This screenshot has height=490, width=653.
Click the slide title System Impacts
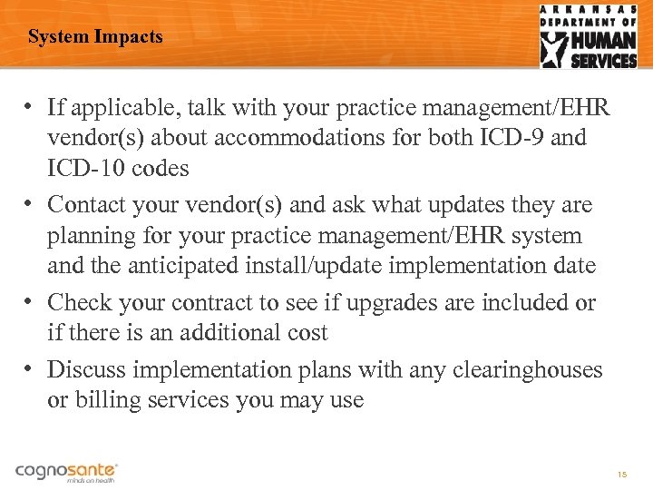point(95,37)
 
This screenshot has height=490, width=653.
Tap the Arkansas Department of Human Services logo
point(589,36)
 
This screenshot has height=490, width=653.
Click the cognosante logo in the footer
point(66,471)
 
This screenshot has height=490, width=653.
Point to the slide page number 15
point(621,475)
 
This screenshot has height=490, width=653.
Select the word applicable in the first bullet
point(108,109)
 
